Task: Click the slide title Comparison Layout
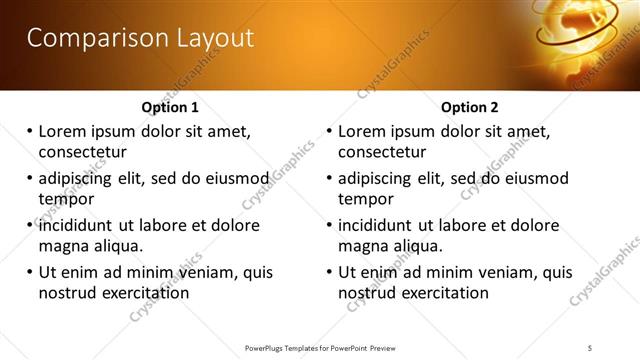pos(140,38)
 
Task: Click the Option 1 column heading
pos(170,107)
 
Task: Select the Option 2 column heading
pos(470,107)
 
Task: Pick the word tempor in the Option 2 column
pos(366,199)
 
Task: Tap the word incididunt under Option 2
pos(382,225)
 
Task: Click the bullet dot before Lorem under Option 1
pos(30,131)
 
